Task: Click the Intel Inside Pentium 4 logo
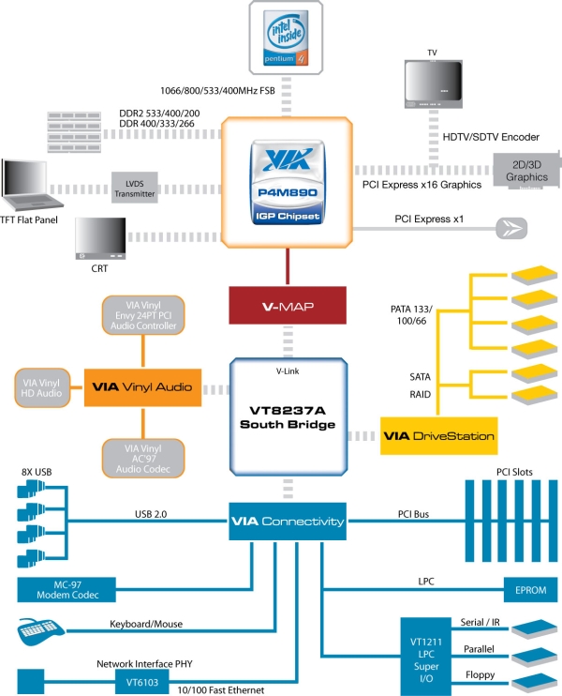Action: pos(286,38)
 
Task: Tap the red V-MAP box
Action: pos(288,306)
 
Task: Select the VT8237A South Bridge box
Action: pos(288,416)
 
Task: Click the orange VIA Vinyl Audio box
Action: pos(142,387)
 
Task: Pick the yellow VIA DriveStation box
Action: pos(438,435)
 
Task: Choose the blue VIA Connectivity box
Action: pos(288,522)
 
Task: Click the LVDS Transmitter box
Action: pos(134,188)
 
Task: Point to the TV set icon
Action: pos(434,83)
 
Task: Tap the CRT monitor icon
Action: pos(100,238)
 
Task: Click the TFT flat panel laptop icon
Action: pos(31,184)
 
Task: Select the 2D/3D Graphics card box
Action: pos(527,171)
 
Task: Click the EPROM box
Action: pos(531,590)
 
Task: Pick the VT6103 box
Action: pos(142,682)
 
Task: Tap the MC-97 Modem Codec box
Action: pos(67,590)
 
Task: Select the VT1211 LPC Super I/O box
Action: pos(426,657)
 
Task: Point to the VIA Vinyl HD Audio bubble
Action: pos(42,388)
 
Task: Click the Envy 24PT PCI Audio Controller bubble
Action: pos(143,315)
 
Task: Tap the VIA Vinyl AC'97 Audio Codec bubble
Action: pos(143,459)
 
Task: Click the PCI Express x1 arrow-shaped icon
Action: pos(511,229)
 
